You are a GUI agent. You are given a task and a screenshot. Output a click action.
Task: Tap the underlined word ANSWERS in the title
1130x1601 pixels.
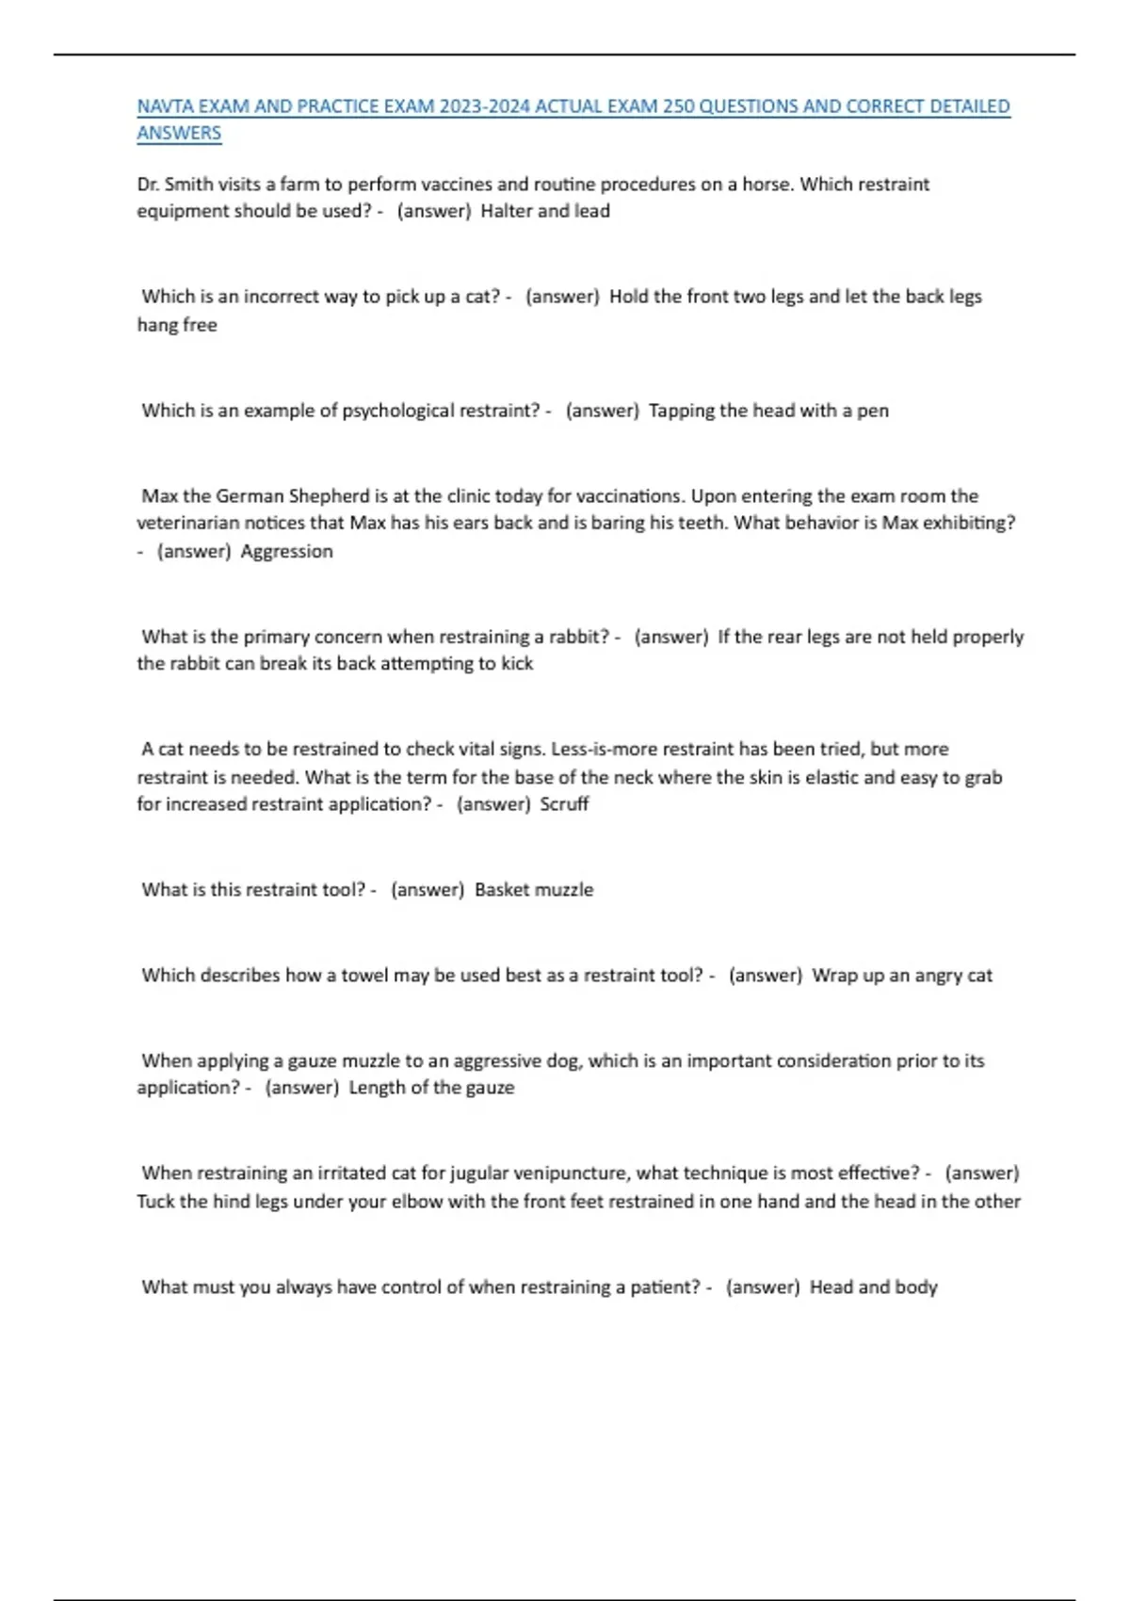[x=179, y=134]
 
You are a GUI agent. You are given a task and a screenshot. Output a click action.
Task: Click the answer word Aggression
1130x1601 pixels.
[x=286, y=552]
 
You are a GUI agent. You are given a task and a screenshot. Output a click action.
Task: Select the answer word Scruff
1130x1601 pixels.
[x=564, y=804]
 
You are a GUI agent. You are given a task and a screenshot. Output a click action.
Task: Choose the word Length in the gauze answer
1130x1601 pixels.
[x=377, y=1088]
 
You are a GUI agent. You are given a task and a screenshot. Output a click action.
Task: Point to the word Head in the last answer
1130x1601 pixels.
[x=831, y=1287]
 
